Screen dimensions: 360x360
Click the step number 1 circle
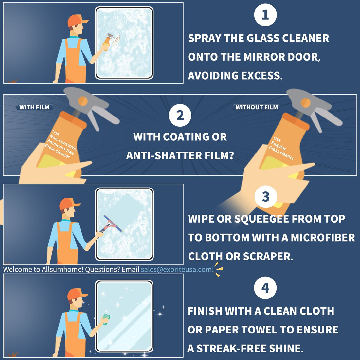(265, 15)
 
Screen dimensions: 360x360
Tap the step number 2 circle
(180, 115)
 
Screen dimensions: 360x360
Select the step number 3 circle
(265, 197)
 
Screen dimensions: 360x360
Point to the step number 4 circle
(265, 288)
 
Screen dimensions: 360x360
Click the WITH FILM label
(34, 107)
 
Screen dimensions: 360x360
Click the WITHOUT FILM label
(256, 107)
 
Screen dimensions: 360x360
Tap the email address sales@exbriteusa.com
(177, 269)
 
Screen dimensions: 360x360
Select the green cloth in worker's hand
(106, 317)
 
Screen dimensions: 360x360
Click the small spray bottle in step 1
(107, 42)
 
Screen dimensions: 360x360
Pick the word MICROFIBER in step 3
(323, 237)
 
